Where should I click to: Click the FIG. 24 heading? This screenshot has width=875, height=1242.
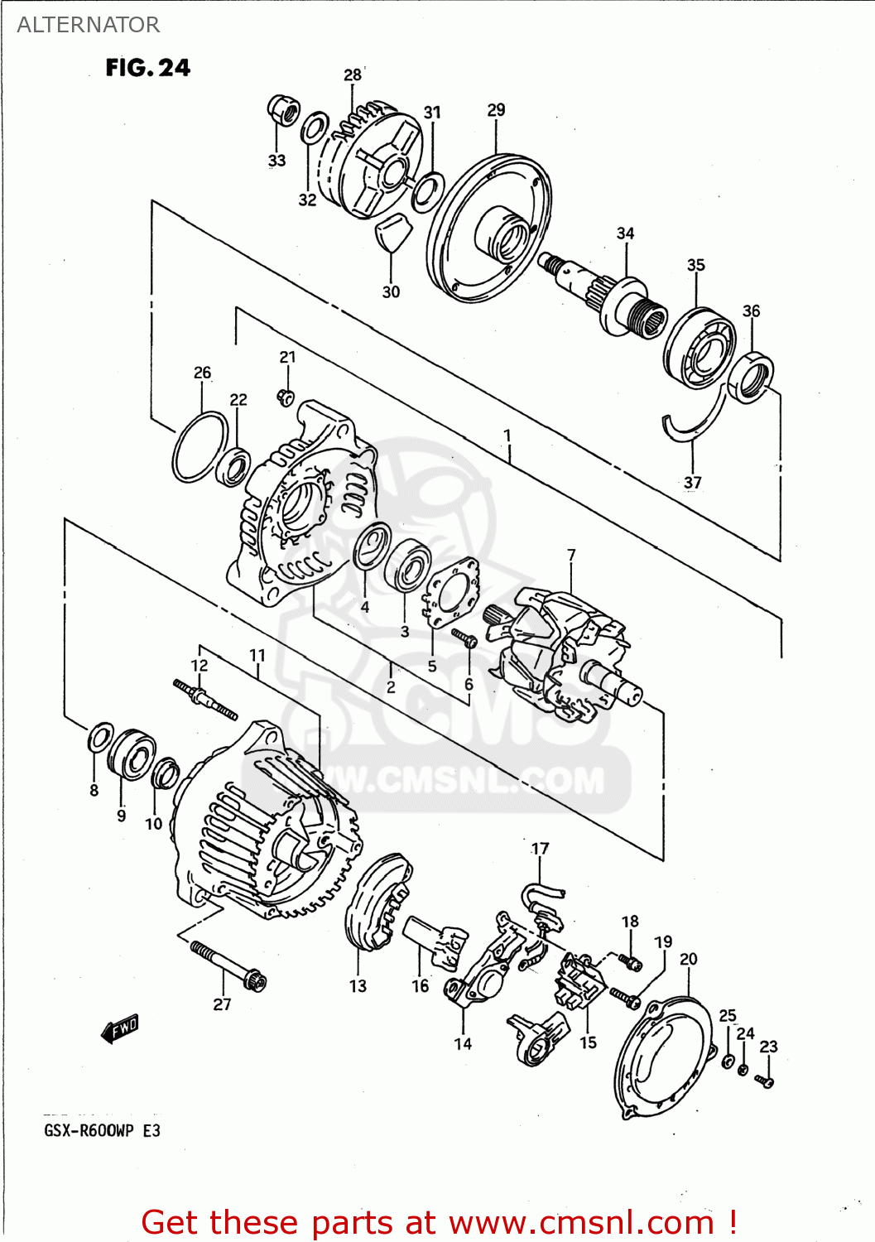point(147,68)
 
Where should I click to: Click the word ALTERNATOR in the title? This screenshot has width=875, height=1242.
point(88,25)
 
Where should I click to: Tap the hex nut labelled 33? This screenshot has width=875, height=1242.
point(282,110)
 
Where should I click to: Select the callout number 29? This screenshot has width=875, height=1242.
point(496,110)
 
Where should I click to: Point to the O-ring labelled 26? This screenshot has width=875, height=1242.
point(200,447)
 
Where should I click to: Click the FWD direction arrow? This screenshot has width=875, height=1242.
point(120,1028)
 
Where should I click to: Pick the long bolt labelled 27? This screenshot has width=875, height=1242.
point(228,965)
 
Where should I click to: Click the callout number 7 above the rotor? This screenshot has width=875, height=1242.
point(571,556)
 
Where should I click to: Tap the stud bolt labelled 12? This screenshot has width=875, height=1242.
point(204,699)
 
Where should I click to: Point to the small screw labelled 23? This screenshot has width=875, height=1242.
point(765,1081)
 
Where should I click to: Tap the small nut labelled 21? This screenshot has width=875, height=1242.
point(286,397)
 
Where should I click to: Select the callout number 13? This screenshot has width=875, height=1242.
point(358,986)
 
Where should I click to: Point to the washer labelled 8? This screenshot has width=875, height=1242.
point(100,738)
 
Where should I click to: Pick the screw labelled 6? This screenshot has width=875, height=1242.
point(464,638)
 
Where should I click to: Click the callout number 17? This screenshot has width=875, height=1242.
point(540,849)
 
